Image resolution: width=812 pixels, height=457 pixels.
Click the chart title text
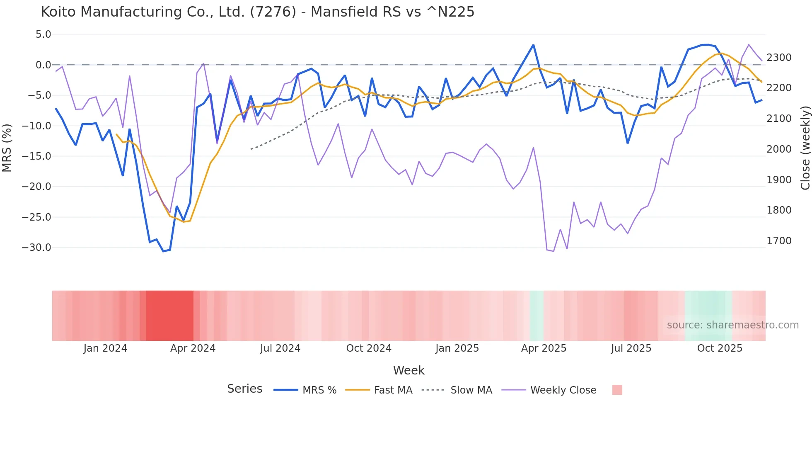257,12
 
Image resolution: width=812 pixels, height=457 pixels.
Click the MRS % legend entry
319,390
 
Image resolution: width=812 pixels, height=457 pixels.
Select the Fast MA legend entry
393,390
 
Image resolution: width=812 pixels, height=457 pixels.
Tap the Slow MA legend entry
471,390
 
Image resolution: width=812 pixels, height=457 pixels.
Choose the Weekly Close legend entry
563,390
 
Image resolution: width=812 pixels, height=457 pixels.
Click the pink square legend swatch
617,390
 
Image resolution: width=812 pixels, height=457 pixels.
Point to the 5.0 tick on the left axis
43,34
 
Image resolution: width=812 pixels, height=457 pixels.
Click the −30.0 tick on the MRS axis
36,248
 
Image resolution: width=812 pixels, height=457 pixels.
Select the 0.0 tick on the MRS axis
43,65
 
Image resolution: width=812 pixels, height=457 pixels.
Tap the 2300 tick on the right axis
779,58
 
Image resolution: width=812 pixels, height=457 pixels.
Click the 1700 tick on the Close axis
779,241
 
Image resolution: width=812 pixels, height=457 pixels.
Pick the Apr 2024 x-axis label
193,348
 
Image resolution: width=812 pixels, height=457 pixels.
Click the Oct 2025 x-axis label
720,348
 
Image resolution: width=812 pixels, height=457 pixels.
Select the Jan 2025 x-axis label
457,348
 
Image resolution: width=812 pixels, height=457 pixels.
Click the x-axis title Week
408,370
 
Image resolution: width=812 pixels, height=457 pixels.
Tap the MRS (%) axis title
7,148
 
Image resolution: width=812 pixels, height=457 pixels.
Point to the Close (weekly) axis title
805,148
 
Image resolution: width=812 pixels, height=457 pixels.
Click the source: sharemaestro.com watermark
732,325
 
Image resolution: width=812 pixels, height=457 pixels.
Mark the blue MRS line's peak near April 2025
533,45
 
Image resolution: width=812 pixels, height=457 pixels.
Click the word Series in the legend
244,389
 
